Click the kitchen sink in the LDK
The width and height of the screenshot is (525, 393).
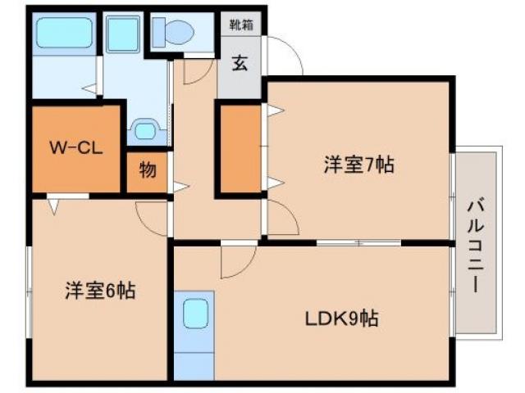click(x=194, y=314)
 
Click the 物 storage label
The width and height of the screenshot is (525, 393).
click(x=148, y=171)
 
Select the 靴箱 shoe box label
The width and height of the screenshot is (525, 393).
click(x=240, y=25)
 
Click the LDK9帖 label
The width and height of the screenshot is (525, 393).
click(x=344, y=318)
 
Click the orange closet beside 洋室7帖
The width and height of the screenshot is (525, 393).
click(x=240, y=149)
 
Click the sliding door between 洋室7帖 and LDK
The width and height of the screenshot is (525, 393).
click(x=358, y=242)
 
